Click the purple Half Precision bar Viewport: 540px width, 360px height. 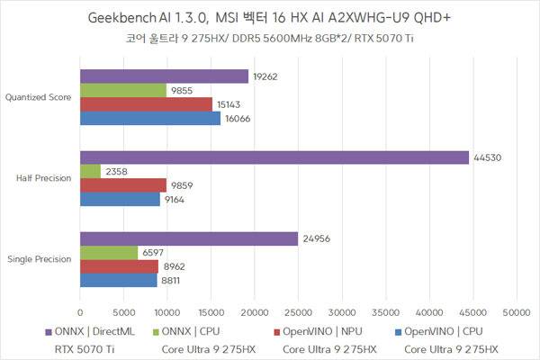click(x=274, y=157)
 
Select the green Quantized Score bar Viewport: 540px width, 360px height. click(x=123, y=90)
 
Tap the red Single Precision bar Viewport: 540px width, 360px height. click(x=119, y=266)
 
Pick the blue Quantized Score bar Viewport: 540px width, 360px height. click(x=150, y=118)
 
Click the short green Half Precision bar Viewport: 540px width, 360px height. click(x=90, y=171)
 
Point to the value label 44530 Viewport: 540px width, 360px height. click(x=486, y=157)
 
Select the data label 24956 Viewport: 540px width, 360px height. click(x=315, y=238)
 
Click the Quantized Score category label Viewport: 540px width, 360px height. click(x=39, y=97)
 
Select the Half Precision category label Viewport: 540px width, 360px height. click(x=44, y=178)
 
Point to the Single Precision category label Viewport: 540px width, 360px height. click(x=40, y=259)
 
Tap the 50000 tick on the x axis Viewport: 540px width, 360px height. click(x=516, y=313)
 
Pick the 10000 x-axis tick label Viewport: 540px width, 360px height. click(x=167, y=313)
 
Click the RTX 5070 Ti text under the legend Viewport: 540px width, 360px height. click(x=85, y=348)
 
